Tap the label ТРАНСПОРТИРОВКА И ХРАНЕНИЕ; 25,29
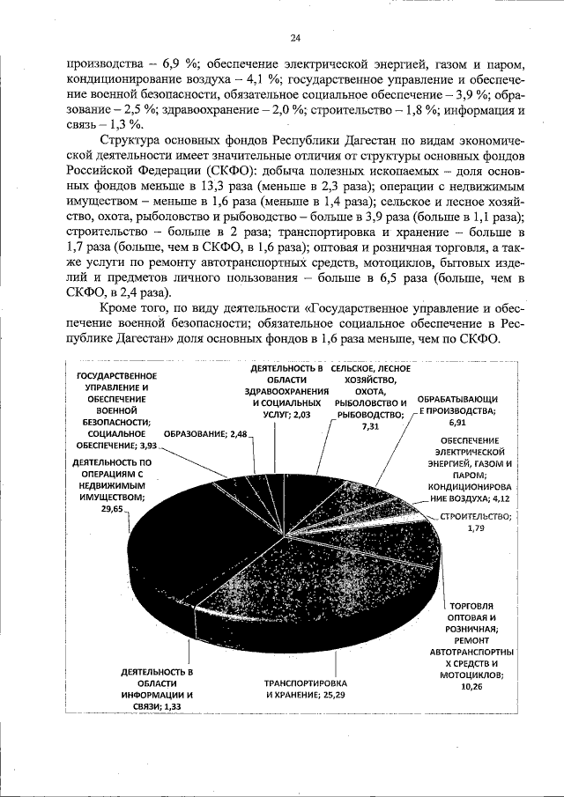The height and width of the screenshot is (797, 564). click(307, 689)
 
